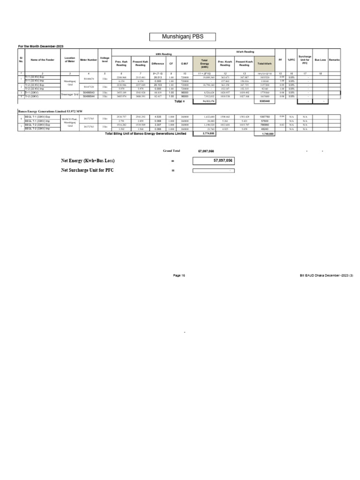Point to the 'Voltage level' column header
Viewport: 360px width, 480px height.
pos(105,60)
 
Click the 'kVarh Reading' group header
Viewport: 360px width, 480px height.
pos(244,52)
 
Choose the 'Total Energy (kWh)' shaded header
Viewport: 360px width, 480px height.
pos(204,63)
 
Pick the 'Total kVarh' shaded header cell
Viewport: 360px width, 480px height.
pos(264,63)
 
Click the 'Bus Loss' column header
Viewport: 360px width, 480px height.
pos(320,60)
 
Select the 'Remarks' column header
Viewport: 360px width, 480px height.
pos(335,60)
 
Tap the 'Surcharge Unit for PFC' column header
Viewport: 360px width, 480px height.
pos(305,60)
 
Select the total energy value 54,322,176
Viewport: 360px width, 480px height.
pos(204,101)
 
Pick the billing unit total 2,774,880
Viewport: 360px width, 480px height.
pos(204,134)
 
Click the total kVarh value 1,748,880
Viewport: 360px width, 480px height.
pos(264,134)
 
